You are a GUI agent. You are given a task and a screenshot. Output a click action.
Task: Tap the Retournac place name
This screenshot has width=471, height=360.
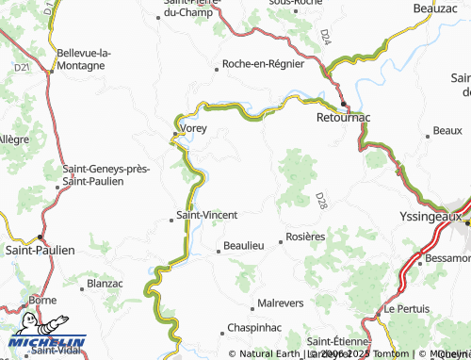(344, 120)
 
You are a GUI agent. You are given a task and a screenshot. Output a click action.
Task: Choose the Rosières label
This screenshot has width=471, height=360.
(305, 237)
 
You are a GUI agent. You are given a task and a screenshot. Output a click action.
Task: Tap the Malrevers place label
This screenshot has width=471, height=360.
(280, 305)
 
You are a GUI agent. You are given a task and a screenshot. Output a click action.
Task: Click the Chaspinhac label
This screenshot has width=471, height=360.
(254, 329)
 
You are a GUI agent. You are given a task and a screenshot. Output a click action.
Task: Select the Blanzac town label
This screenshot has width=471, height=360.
(105, 283)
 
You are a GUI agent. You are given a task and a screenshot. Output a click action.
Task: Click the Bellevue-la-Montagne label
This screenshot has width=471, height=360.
(84, 59)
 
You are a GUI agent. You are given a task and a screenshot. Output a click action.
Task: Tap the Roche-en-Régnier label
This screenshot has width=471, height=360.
(263, 65)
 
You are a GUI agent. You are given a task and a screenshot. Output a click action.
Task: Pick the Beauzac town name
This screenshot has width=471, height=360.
(435, 8)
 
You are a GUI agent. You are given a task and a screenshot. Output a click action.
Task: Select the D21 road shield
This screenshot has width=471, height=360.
(23, 68)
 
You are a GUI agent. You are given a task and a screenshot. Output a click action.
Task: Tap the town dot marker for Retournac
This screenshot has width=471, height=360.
(344, 104)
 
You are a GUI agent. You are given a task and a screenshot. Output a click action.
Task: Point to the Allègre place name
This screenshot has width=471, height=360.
(12, 139)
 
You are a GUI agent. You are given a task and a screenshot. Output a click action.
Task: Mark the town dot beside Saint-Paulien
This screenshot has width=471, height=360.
(41, 237)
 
